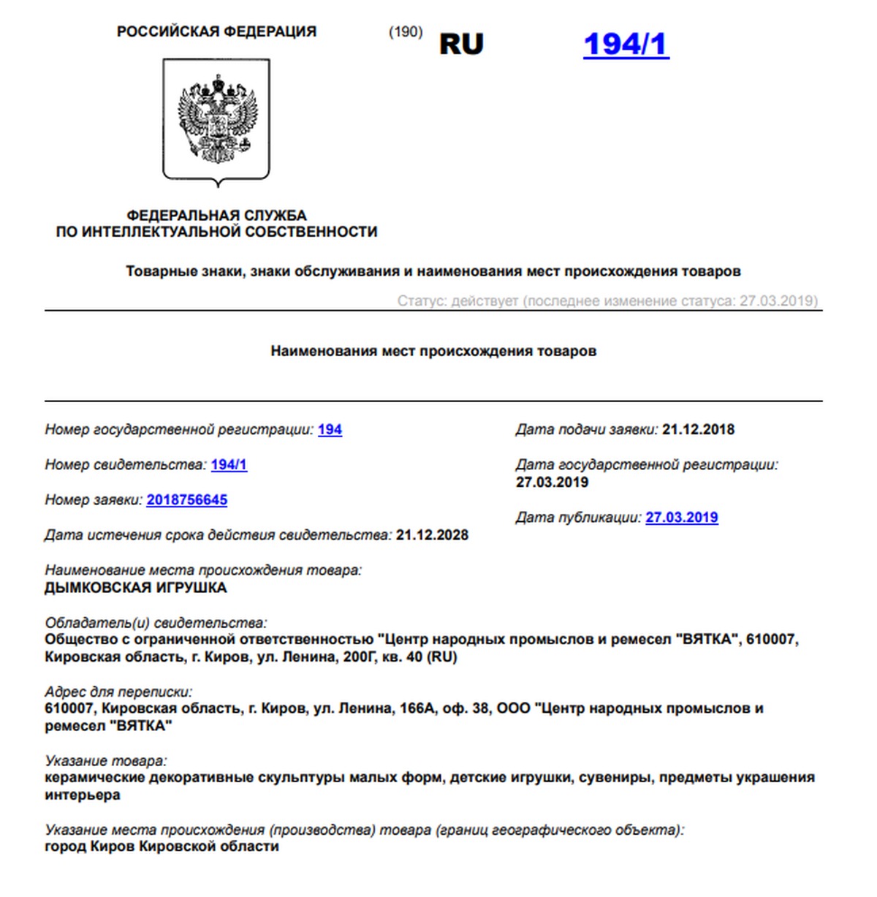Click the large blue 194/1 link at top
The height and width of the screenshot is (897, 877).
coord(626,44)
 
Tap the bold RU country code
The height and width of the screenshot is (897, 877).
coord(461,44)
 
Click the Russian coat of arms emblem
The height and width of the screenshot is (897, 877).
coord(216,121)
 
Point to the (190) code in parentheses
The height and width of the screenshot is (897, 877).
coord(406,32)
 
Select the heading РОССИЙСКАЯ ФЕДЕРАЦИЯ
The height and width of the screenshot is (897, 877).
coord(216,31)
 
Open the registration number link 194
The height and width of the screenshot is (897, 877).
coord(330,430)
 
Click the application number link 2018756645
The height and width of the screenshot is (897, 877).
coord(187,500)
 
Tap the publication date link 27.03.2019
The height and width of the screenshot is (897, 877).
coord(682,518)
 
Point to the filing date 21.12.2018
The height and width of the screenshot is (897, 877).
coord(698,430)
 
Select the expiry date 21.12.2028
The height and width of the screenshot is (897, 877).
coord(432,535)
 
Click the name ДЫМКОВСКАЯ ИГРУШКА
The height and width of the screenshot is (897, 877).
coord(136,588)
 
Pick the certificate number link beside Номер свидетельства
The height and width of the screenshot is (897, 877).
coord(229,465)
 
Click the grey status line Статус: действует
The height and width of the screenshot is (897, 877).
coord(607,301)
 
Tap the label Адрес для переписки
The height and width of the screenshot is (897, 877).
coord(118,692)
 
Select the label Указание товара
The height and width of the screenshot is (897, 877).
coord(106,761)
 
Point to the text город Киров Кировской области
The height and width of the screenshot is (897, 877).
coord(162,847)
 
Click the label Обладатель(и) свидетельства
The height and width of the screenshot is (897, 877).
coord(156,624)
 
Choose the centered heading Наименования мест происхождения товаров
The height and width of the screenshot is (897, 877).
coord(433,351)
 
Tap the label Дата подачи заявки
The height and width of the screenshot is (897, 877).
coord(587,430)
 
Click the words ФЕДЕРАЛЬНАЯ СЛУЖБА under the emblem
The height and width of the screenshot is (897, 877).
coord(216,216)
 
